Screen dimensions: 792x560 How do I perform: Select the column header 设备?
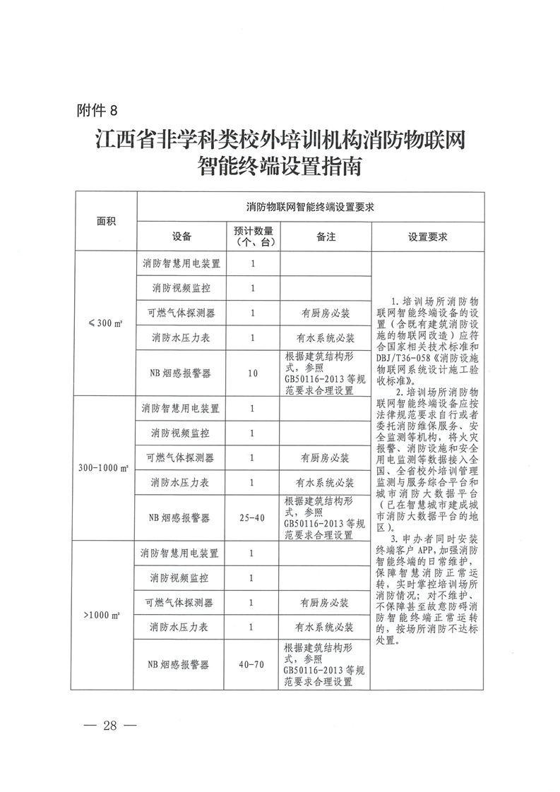181,236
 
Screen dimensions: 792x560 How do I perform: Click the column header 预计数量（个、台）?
253,236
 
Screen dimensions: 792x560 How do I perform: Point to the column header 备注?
326,236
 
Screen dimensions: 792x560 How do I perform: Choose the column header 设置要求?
427,236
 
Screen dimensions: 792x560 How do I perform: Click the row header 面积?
106,221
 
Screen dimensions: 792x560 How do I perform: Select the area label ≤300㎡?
105,324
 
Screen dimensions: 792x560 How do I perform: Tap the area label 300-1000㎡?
105,468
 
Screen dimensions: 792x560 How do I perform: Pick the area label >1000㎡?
105,615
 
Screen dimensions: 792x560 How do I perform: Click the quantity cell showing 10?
253,373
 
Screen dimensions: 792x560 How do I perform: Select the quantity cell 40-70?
253,664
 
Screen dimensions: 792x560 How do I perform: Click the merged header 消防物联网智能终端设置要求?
309,207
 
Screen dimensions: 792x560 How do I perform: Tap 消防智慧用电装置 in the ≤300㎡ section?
181,263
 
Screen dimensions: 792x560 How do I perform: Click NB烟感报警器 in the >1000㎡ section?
180,664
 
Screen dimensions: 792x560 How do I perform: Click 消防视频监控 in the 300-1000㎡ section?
181,433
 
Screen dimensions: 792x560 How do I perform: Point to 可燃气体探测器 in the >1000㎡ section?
180,603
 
